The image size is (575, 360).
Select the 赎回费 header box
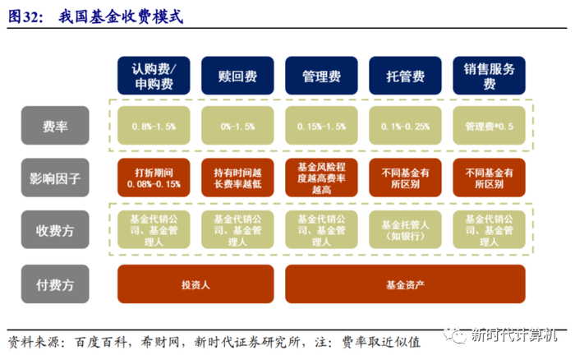(x=237, y=75)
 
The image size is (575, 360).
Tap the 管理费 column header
(x=321, y=75)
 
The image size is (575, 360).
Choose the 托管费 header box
(x=405, y=75)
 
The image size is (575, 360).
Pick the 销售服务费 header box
(x=489, y=75)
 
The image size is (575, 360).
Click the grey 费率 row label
(x=56, y=127)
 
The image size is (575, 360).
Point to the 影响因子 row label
(x=56, y=177)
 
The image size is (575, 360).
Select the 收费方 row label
(x=56, y=231)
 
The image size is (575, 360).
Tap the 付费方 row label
(x=56, y=284)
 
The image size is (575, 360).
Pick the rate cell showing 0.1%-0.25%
(x=405, y=127)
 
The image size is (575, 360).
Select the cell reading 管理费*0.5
(x=489, y=127)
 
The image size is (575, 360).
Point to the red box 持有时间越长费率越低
(x=237, y=178)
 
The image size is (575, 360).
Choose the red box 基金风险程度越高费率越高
(x=321, y=178)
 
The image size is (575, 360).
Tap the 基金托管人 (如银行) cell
(x=405, y=231)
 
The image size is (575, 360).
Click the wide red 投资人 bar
(x=195, y=284)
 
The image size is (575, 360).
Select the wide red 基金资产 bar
(x=405, y=284)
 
